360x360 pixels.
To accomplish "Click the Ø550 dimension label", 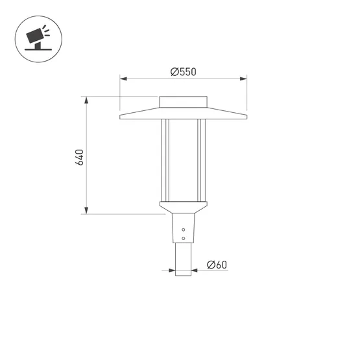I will pos(183,72).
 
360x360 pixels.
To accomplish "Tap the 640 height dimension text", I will pos(80,156).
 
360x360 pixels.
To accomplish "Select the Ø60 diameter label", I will pos(217,265).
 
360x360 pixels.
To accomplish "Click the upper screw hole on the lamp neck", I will pos(184,230).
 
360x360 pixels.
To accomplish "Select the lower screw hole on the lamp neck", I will pos(184,237).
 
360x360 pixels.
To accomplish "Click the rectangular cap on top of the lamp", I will pos(184,102).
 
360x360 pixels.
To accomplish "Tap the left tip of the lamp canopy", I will pos(121,117).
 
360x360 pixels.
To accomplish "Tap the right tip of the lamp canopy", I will pos(246,117).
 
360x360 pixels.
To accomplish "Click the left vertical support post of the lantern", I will pos(165,159).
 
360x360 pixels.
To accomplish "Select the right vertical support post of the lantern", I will pos(202,159).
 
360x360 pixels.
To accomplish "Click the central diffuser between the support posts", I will pos(184,159).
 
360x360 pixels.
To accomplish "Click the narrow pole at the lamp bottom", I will pos(184,259).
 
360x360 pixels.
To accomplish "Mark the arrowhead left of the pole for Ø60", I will pos(171,270).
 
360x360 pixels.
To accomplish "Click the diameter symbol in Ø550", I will pos(174,72).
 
